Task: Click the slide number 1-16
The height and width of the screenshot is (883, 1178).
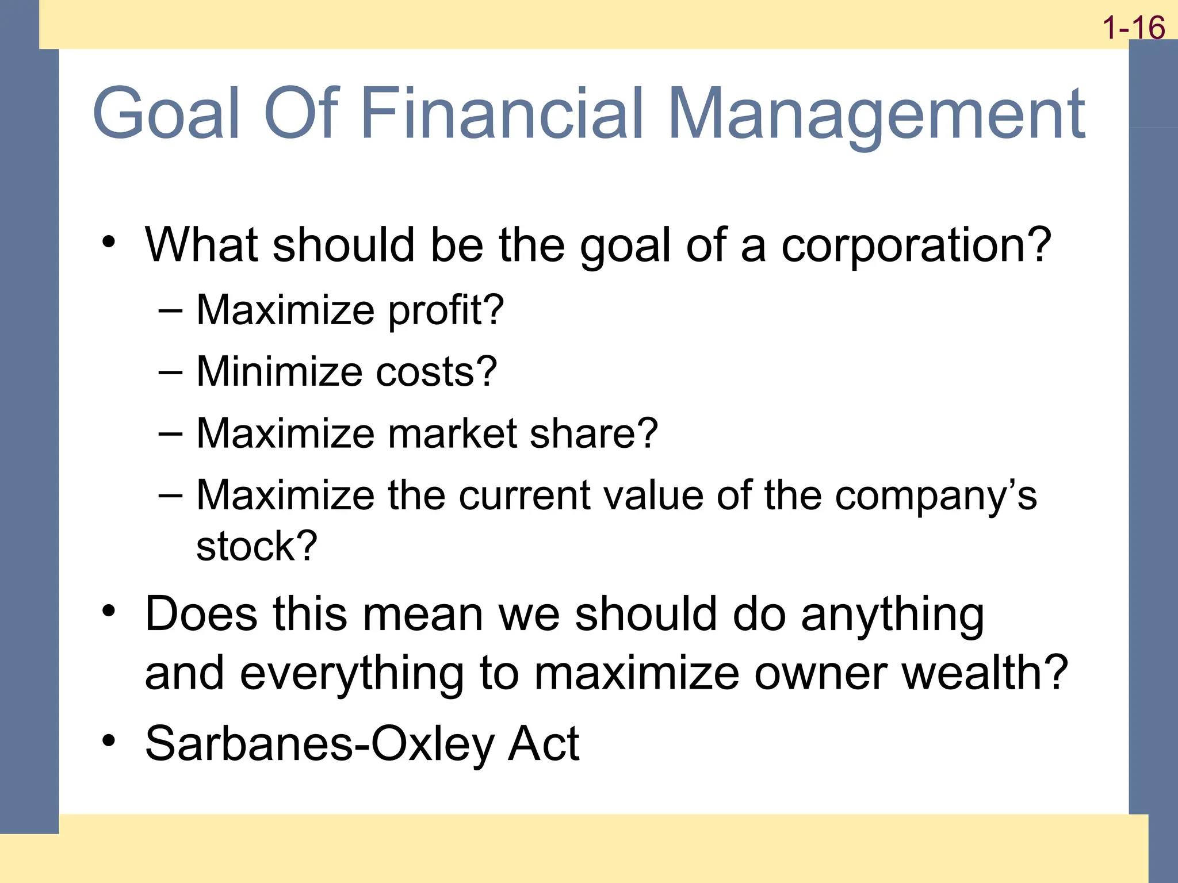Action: [x=1134, y=28]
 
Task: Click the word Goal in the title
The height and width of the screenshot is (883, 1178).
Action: [x=166, y=113]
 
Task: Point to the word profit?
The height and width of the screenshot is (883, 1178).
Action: [x=446, y=311]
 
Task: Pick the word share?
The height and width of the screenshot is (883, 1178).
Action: [x=593, y=433]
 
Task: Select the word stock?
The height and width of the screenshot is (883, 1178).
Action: [x=257, y=546]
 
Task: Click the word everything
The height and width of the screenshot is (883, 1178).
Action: [x=351, y=674]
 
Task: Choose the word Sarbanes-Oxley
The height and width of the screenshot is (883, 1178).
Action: [x=319, y=744]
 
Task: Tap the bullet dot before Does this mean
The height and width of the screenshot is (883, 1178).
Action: [x=109, y=611]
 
